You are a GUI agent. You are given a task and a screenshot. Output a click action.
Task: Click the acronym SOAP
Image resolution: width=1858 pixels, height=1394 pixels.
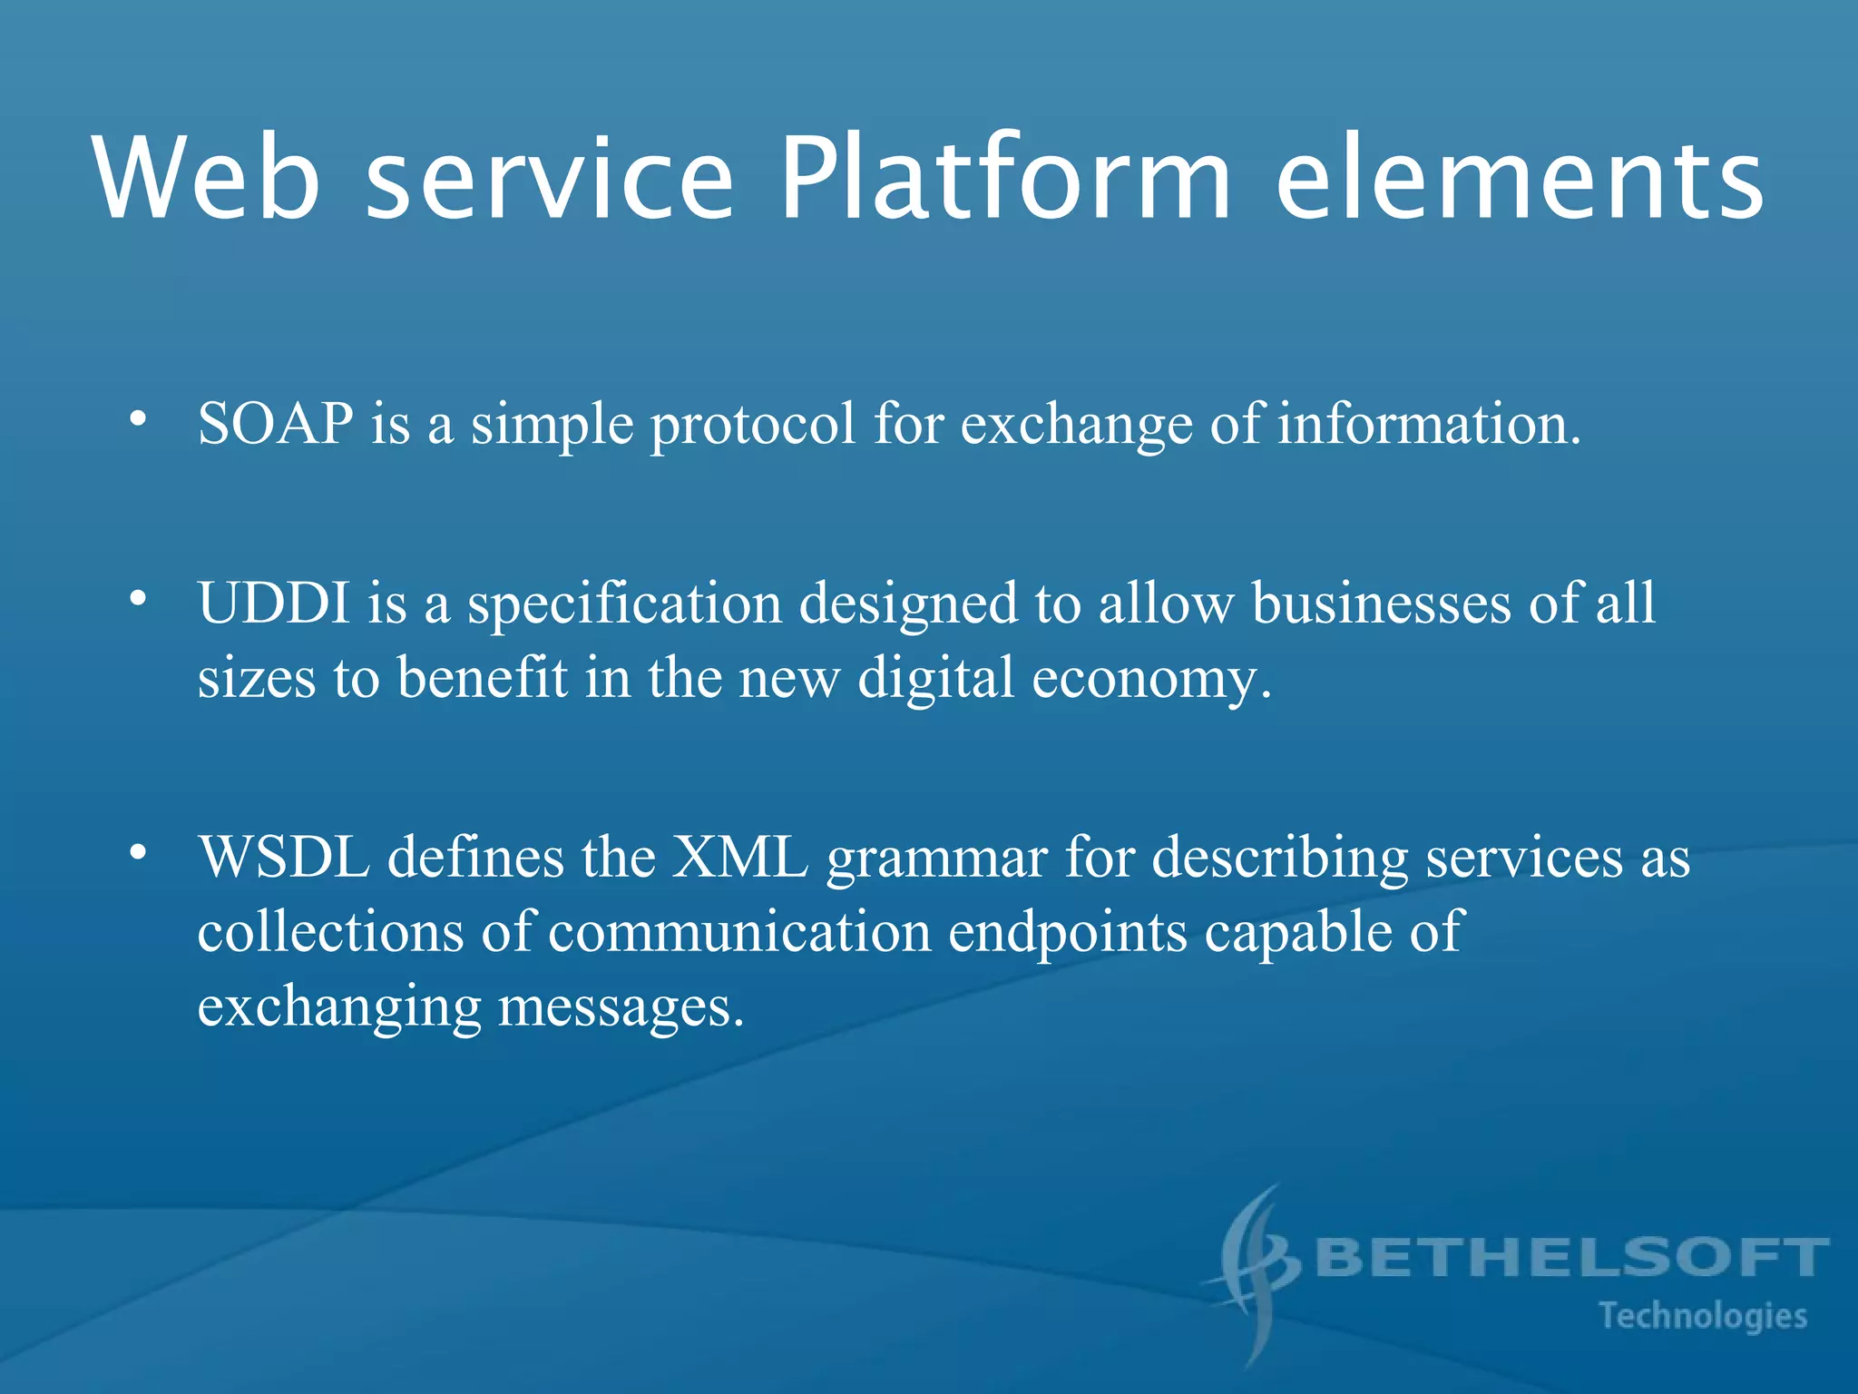[x=276, y=424]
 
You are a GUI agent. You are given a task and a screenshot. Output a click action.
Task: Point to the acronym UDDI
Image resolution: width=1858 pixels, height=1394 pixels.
[x=274, y=604]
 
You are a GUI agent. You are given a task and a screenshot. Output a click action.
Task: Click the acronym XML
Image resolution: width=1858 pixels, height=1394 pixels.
[x=739, y=858]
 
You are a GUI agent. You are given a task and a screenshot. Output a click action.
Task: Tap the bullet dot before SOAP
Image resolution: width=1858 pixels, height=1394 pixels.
[x=137, y=418]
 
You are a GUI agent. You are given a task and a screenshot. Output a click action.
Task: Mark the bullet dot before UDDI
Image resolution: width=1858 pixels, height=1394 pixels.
[x=137, y=598]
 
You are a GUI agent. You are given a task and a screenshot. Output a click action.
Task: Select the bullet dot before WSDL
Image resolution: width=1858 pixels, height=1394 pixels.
[x=137, y=852]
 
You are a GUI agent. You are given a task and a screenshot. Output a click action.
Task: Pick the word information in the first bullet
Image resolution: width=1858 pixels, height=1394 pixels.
[x=1429, y=424]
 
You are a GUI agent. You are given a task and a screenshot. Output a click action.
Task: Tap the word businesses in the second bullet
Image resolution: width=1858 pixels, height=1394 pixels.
[x=1381, y=604]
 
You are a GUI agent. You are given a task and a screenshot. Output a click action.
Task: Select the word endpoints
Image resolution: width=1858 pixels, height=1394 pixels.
[x=1067, y=933]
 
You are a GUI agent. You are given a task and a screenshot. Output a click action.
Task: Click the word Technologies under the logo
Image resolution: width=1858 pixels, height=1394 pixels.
[x=1703, y=1316]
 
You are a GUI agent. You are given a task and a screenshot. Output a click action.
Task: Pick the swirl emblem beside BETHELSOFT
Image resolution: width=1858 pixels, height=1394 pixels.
[x=1257, y=1271]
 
